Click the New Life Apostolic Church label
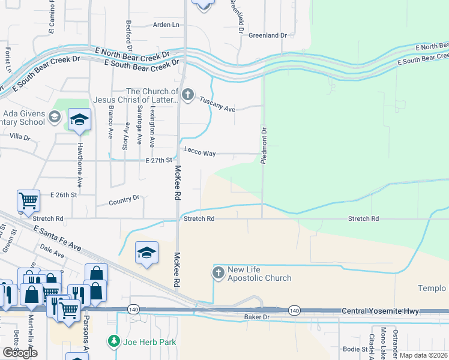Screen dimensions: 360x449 tap(259, 274)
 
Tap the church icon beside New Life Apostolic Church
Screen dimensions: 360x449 tap(218, 273)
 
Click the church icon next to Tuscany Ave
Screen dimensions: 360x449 tap(188, 95)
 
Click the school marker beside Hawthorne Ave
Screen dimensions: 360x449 tap(79, 120)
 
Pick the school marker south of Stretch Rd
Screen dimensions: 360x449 tap(146, 253)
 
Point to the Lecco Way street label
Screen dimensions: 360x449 tap(200, 154)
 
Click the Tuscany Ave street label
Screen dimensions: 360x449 tap(217, 105)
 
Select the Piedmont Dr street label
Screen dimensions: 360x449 tap(264, 145)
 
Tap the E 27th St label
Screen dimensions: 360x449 tap(159, 161)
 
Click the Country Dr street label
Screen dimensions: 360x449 tap(124, 199)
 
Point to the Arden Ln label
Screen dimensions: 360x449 tap(166, 25)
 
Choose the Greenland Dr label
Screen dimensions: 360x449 tap(268, 35)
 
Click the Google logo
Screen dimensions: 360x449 tap(20, 353)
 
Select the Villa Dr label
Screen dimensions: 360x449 tap(19, 137)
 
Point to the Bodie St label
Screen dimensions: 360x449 tap(355, 349)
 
